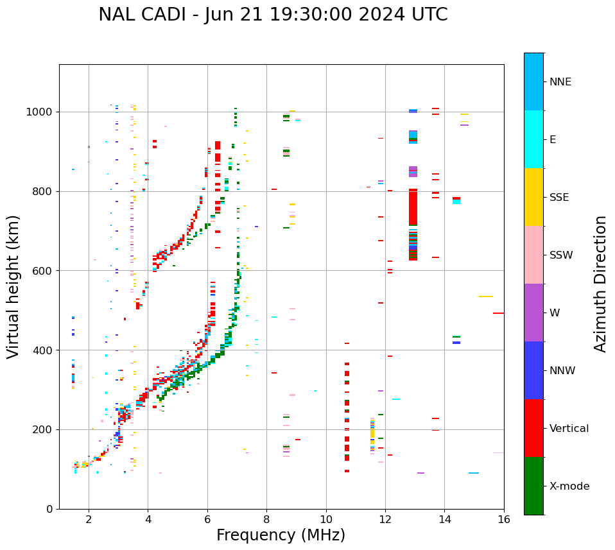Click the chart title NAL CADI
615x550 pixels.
[x=273, y=15]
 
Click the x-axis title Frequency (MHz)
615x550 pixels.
[x=281, y=535]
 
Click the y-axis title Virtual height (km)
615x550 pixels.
[x=13, y=286]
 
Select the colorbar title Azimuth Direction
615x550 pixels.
[x=600, y=283]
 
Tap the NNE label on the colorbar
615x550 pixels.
[x=560, y=82]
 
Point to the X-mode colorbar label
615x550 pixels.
[x=569, y=486]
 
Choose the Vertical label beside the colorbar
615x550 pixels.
[x=569, y=429]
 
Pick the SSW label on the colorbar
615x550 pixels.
[x=561, y=255]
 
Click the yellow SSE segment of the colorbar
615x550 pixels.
[x=533, y=196]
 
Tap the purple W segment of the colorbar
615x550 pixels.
[x=533, y=312]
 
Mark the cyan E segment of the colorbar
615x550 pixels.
[x=533, y=139]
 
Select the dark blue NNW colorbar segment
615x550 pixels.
[x=533, y=370]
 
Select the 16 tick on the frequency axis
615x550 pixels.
[x=504, y=519]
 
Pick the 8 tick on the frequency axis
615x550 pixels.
[x=266, y=519]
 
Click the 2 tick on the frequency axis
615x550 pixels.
[x=89, y=519]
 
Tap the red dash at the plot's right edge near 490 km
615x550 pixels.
[x=498, y=313]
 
